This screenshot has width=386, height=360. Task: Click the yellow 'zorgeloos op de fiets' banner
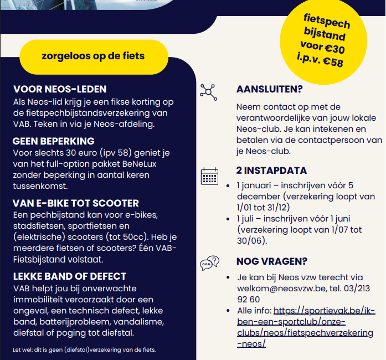[x=93, y=56]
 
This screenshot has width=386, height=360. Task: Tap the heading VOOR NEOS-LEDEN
[x=60, y=89]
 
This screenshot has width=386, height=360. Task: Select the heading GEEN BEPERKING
[x=54, y=141]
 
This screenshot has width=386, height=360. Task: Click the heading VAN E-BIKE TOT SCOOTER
[x=76, y=203]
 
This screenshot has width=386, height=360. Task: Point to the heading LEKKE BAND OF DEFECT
[x=70, y=276]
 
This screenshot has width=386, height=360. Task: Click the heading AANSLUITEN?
[x=270, y=89]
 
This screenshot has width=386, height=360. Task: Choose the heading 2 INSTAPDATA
[x=271, y=171]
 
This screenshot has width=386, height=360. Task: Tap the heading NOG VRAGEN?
[x=272, y=261]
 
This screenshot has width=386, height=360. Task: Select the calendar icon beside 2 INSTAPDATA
[x=209, y=176]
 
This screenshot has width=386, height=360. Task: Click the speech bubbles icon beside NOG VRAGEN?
[x=209, y=264]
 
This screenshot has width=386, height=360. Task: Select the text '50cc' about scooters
[x=128, y=237]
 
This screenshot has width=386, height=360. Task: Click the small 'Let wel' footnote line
[x=84, y=349]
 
